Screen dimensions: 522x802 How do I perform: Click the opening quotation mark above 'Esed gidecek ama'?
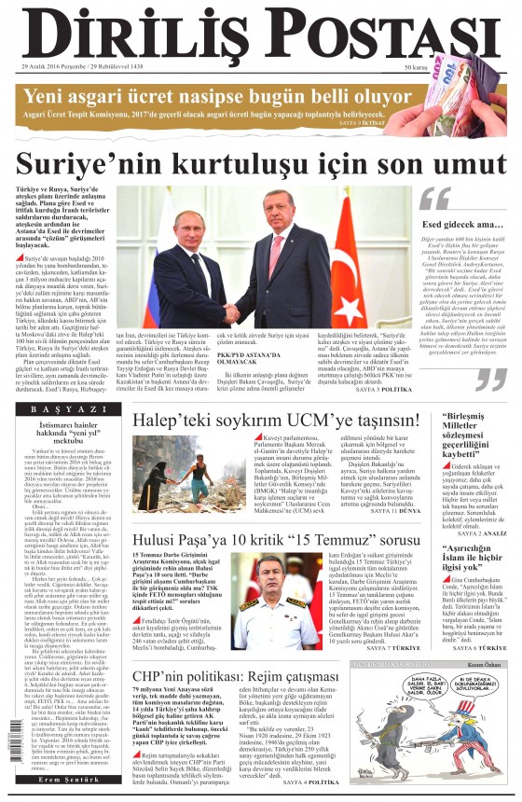(x=433, y=200)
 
